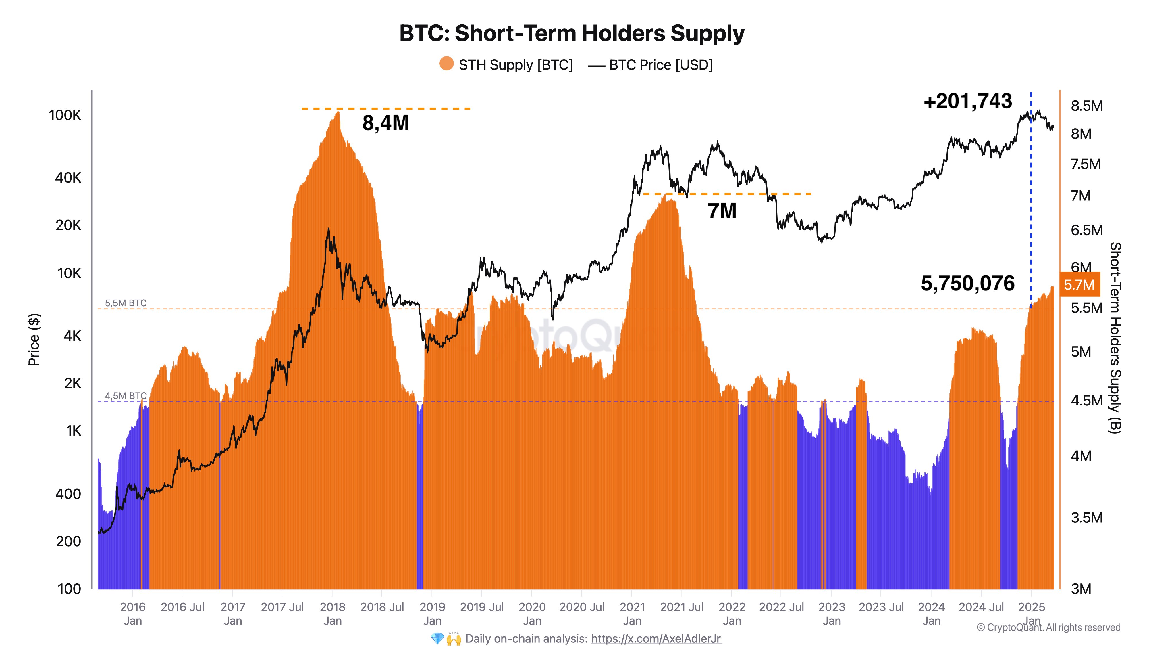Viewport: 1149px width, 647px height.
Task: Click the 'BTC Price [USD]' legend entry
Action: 660,65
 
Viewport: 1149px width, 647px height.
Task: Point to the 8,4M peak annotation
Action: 385,123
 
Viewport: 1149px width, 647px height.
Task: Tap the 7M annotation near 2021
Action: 722,211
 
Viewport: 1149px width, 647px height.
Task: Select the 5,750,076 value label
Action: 967,284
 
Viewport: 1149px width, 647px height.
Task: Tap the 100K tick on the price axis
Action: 65,115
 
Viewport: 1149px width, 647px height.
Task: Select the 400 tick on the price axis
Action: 68,494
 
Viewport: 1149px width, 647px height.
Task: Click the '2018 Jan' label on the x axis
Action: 332,614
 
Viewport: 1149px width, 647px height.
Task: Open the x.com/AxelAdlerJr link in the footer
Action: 656,638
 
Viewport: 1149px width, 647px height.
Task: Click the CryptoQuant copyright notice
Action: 1048,627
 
